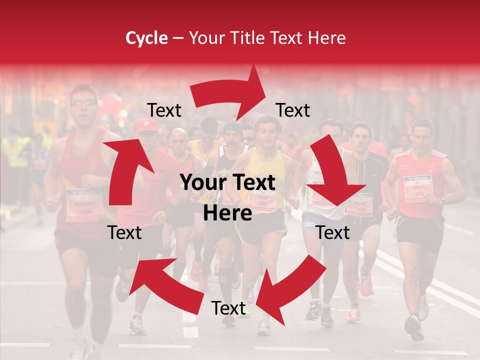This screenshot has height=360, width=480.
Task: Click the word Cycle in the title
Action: click(x=146, y=38)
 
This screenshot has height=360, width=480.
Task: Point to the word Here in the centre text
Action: click(x=227, y=213)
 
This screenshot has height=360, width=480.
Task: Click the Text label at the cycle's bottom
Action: click(x=228, y=308)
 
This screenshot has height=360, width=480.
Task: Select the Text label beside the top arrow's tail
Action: click(x=164, y=110)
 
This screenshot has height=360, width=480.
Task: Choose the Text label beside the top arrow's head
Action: click(x=293, y=110)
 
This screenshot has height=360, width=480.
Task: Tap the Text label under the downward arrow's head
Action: click(x=333, y=232)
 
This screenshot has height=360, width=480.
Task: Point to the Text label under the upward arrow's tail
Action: click(x=125, y=232)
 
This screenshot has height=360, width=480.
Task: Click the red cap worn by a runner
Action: click(x=146, y=126)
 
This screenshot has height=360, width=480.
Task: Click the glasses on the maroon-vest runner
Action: click(x=83, y=103)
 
